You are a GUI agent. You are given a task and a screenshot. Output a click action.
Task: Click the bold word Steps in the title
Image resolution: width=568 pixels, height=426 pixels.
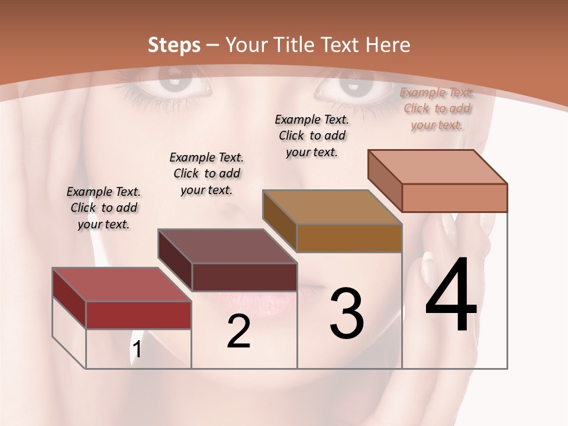(174, 45)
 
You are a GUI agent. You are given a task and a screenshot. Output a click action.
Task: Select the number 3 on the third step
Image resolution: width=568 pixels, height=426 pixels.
(346, 314)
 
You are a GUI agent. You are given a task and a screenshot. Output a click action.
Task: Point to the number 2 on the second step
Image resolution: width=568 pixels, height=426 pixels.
(238, 331)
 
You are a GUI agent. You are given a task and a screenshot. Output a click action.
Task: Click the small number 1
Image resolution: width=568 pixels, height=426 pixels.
(137, 350)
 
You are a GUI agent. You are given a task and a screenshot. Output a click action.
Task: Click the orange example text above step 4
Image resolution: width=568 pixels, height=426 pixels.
(437, 108)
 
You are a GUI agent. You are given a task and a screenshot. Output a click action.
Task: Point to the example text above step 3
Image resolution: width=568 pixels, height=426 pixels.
(312, 135)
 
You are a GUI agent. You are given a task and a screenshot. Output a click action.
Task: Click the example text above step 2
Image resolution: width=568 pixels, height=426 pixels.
(206, 173)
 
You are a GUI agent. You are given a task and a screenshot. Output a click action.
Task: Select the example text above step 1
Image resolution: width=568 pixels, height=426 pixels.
(104, 208)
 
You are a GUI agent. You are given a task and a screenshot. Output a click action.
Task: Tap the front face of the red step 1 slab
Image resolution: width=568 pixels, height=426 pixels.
(138, 315)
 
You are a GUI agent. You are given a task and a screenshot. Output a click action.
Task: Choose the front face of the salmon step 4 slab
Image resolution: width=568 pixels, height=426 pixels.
(454, 198)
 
